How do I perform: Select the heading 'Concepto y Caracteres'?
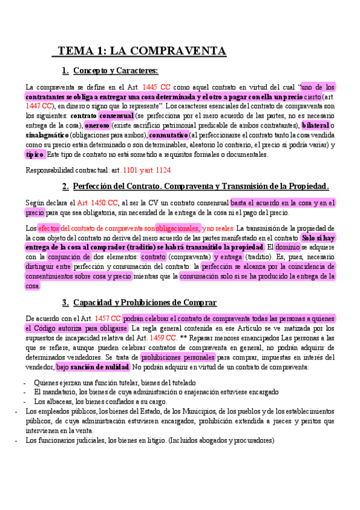(115, 71)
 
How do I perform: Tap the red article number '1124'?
(162, 170)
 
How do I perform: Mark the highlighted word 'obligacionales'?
(177, 229)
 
